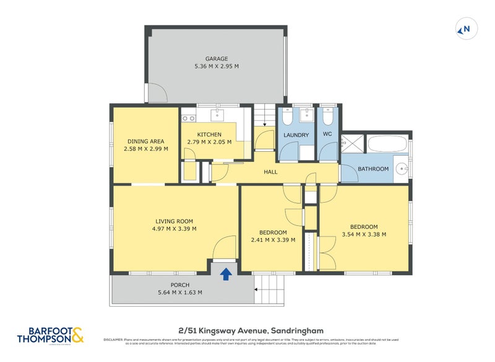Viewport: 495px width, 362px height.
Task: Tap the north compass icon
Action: tap(465, 29)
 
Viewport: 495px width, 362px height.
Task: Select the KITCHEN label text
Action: tap(209, 135)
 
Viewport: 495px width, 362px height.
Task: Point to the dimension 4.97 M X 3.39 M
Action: tap(174, 229)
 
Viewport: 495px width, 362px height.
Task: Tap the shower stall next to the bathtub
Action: tap(353, 145)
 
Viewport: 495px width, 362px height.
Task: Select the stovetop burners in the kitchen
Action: tap(188, 118)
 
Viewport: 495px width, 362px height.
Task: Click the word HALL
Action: tap(270, 172)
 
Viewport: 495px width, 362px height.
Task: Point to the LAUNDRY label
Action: tap(296, 135)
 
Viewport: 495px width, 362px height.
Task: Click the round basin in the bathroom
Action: tap(402, 168)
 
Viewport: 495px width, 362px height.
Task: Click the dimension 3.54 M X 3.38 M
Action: tap(364, 234)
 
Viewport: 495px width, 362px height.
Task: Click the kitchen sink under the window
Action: tap(219, 115)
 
